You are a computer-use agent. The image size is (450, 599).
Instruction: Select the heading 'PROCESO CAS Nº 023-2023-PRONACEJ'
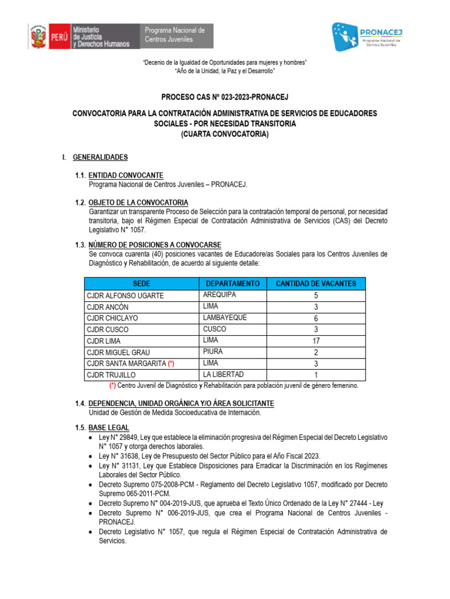pyautogui.click(x=225, y=97)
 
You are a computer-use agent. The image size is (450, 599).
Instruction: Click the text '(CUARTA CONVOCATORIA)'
pyautogui.click(x=225, y=135)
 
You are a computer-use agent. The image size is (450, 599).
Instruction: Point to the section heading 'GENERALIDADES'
pyautogui.click(x=100, y=157)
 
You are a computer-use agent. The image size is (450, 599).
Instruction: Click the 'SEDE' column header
pyautogui.click(x=142, y=284)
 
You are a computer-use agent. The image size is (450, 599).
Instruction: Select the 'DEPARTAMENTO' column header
pyautogui.click(x=233, y=284)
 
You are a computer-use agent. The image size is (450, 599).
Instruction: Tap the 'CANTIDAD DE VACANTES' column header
pyautogui.click(x=316, y=284)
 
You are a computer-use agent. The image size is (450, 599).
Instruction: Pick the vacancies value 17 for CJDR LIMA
pyautogui.click(x=316, y=340)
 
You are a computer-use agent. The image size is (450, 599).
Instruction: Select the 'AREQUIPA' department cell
pyautogui.click(x=220, y=295)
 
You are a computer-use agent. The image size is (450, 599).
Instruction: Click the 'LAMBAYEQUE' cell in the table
pyautogui.click(x=225, y=318)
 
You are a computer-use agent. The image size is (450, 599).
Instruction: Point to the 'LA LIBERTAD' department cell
pyautogui.click(x=223, y=374)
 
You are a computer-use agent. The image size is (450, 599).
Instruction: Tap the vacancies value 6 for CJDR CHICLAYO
pyautogui.click(x=316, y=318)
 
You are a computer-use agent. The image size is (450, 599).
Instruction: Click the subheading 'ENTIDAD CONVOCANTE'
pyautogui.click(x=126, y=175)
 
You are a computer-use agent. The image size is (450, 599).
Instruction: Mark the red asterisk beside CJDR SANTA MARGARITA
pyautogui.click(x=171, y=364)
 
